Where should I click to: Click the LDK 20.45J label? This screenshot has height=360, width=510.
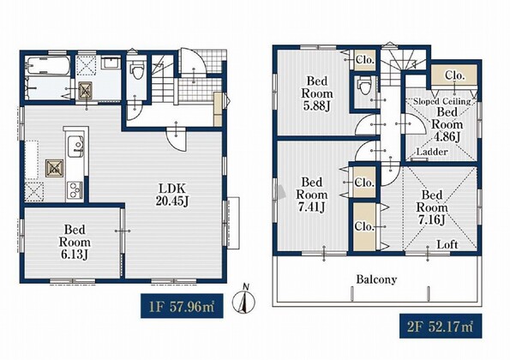coord(172,195)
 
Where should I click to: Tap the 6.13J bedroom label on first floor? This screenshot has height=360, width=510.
coord(75,242)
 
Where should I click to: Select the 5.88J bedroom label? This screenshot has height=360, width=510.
coord(317,93)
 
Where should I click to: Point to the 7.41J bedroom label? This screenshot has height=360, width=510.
coord(312,195)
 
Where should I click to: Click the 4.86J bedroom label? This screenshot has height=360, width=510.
coord(447,124)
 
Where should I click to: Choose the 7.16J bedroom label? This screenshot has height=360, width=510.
coord(432,207)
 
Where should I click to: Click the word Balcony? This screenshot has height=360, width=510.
coord(376,279)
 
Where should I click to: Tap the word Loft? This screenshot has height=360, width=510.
coord(447,244)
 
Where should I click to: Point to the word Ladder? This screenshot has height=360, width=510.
coord(432,152)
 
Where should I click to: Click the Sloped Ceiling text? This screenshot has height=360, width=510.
coord(442,101)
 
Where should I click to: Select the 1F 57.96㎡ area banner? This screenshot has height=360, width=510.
coord(182,306)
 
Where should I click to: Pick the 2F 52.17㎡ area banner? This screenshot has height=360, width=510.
coord(441,326)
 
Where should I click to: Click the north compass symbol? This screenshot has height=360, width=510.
coord(243,300)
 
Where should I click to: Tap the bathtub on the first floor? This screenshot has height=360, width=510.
coord(48,65)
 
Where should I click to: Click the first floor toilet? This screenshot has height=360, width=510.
coord(136,70)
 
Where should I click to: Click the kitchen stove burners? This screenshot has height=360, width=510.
coord(75,189)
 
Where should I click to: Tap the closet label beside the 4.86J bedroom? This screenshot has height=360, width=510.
coord(454,75)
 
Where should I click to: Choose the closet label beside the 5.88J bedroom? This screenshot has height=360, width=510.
coord(365,60)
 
